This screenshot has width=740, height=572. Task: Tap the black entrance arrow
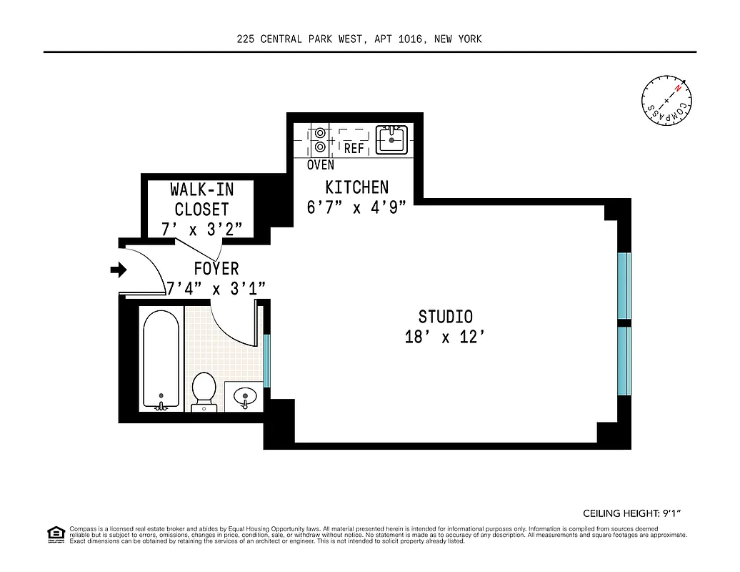pyautogui.click(x=118, y=270)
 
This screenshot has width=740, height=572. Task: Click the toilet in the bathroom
pyautogui.click(x=204, y=390)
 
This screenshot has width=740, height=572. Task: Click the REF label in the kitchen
pyautogui.click(x=354, y=149)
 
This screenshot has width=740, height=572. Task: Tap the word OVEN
pyautogui.click(x=320, y=165)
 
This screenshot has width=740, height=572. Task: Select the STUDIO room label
pyautogui.click(x=445, y=316)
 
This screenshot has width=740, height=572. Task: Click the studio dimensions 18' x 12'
pyautogui.click(x=445, y=337)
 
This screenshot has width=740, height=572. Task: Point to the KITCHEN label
pyautogui.click(x=357, y=187)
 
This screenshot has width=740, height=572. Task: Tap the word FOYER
pyautogui.click(x=216, y=269)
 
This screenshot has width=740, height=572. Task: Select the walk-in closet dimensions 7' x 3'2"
pyautogui.click(x=202, y=229)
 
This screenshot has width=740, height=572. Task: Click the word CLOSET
pyautogui.click(x=202, y=209)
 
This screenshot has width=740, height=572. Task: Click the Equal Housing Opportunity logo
pyautogui.click(x=55, y=533)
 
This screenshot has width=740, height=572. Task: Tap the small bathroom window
pyautogui.click(x=267, y=360)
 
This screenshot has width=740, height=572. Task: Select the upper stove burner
pyautogui.click(x=320, y=132)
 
